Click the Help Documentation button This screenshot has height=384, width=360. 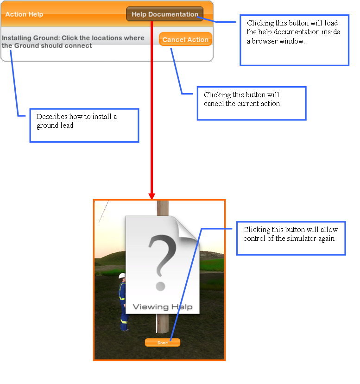point(165,14)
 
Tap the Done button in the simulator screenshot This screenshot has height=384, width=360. point(162,342)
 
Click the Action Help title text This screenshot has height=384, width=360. point(24,14)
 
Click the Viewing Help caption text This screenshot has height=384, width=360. point(163,307)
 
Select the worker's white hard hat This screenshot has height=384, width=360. point(122,276)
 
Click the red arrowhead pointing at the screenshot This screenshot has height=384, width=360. point(152,196)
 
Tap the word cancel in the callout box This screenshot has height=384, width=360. point(214,104)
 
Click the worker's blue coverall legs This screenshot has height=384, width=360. point(124,318)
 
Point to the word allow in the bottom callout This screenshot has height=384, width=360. point(329,229)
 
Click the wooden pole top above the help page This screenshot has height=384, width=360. point(163,208)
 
